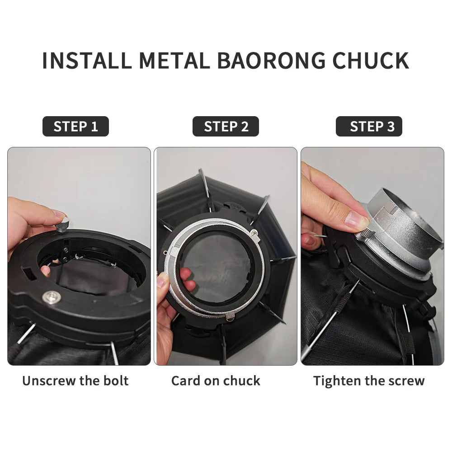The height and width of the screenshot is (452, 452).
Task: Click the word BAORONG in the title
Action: pyautogui.click(x=271, y=61)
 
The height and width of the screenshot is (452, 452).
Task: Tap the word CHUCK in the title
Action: pyautogui.click(x=371, y=61)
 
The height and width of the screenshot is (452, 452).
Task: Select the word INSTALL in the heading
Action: pyautogui.click(x=87, y=61)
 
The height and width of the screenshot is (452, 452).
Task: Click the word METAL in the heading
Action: pyautogui.click(x=174, y=61)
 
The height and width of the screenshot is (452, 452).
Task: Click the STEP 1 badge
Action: pyautogui.click(x=75, y=126)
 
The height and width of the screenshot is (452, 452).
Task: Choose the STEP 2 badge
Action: pyautogui.click(x=226, y=126)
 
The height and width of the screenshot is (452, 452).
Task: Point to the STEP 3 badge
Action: pyautogui.click(x=369, y=126)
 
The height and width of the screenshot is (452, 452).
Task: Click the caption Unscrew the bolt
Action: pyautogui.click(x=75, y=381)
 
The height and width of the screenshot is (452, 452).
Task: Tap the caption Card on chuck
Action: pyautogui.click(x=216, y=381)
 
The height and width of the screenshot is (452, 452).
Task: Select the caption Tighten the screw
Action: pyautogui.click(x=369, y=381)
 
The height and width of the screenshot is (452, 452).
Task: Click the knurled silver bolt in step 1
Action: pyautogui.click(x=63, y=225)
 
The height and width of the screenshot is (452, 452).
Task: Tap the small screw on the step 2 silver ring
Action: pyautogui.click(x=254, y=232)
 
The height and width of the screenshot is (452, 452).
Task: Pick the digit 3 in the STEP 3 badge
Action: pyautogui.click(x=391, y=127)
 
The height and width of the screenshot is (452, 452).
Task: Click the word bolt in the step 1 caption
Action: pyautogui.click(x=116, y=381)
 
